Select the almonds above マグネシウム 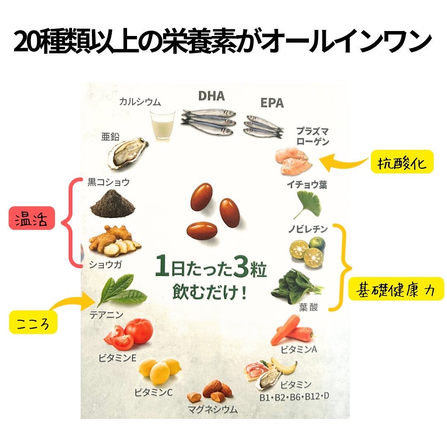(x=212, y=392)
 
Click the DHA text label (x=211, y=96)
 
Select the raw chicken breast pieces (x=294, y=162)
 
